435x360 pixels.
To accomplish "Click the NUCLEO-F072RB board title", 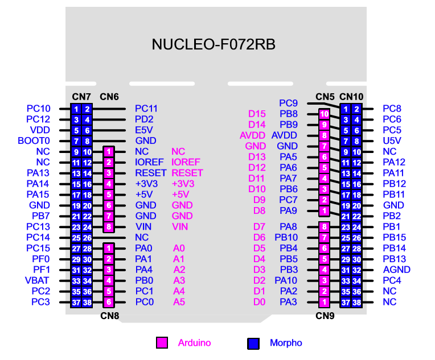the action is point(214,44).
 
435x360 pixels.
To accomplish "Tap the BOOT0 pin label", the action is point(34,141).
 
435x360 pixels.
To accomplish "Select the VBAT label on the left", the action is point(37,280).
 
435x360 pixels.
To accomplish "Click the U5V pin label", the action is point(392,141).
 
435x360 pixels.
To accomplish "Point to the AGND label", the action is point(396,270).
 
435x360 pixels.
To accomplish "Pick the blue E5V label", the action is point(144,130).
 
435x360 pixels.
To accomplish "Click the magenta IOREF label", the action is point(186,162).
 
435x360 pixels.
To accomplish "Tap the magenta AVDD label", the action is point(252,135).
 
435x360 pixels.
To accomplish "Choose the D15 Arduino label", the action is point(257,114).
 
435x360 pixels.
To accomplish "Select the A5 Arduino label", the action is point(179,302).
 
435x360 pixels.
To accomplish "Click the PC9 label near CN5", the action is point(288,103).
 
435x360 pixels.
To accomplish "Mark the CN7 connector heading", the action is point(81,97).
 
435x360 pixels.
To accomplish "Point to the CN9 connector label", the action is point(325,316).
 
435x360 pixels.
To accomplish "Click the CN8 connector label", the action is point(109,316).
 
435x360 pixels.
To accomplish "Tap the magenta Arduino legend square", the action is point(162,342).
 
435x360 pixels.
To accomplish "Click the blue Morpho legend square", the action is point(253,344).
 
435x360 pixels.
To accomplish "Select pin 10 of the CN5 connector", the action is point(324,114).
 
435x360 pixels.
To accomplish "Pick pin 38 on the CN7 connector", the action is point(87,303).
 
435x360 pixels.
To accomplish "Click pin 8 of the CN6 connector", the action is point(109,227).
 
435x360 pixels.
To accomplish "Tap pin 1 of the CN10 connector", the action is point(346,109).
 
